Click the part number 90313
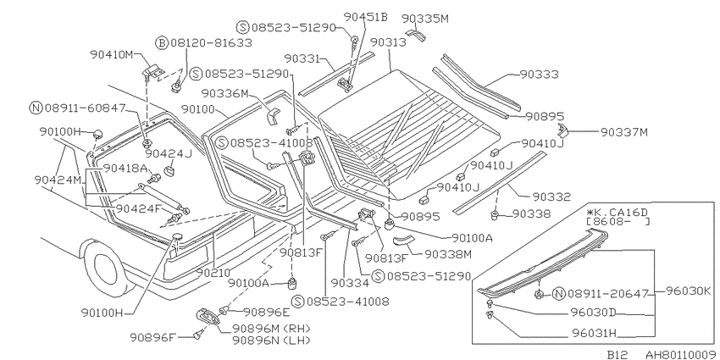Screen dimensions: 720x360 click(x=388, y=42)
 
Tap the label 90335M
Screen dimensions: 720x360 click(x=425, y=19)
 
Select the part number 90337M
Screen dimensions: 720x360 click(x=624, y=132)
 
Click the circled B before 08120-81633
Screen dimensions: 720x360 click(x=162, y=43)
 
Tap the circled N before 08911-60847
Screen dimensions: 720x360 click(x=36, y=108)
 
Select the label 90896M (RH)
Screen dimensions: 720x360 click(x=271, y=329)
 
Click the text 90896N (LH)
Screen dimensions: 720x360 click(x=271, y=341)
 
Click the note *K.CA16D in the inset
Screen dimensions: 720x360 click(x=617, y=212)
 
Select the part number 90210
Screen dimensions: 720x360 click(x=215, y=273)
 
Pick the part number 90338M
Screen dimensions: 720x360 click(x=448, y=253)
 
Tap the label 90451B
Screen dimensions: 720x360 click(x=366, y=17)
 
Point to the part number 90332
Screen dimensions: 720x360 click(x=551, y=197)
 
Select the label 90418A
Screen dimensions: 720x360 click(x=125, y=168)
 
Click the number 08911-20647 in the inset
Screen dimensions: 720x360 click(x=607, y=293)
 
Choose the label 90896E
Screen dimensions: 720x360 click(x=267, y=313)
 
